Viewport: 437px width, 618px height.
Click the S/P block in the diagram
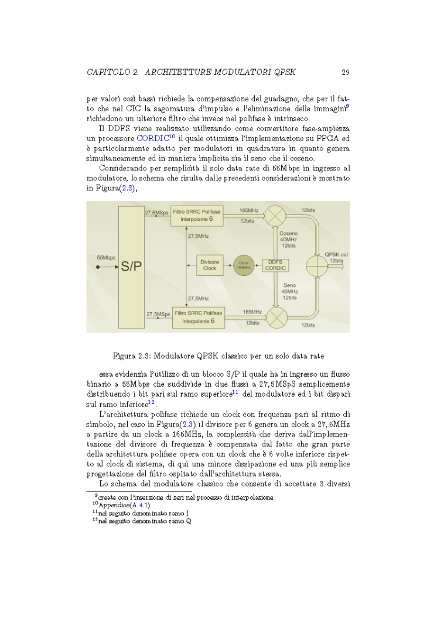tap(131, 267)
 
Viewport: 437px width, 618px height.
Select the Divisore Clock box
tap(209, 265)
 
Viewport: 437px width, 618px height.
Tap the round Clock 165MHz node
tap(243, 265)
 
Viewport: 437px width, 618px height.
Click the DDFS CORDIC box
tap(275, 265)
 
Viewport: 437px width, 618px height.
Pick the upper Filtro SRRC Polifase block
tap(197, 216)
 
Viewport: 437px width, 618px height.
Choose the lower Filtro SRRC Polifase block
tap(197, 317)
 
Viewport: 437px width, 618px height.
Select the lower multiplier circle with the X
tap(275, 317)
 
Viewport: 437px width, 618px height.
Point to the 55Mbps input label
tap(106, 257)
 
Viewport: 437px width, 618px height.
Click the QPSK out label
tap(336, 255)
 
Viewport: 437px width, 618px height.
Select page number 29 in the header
tap(345, 73)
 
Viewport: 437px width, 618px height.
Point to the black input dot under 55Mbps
tap(98, 267)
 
